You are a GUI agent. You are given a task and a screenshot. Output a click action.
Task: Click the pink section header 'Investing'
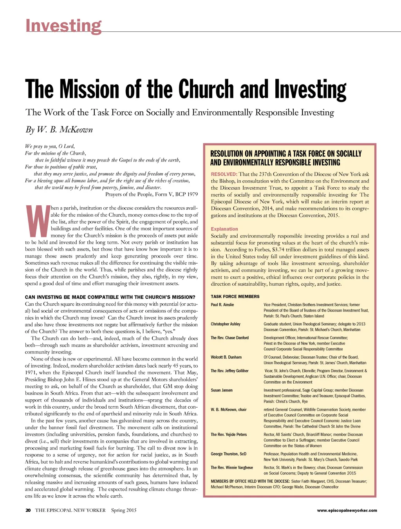[x=63, y=26]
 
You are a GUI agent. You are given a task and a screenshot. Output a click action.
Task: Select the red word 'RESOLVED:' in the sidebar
[x=224, y=174]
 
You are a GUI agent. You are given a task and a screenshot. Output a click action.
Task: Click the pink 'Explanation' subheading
[x=224, y=229]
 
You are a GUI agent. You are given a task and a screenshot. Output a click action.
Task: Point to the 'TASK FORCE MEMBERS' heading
[x=235, y=297]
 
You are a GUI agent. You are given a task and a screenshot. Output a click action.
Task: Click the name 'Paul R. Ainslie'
[x=222, y=305]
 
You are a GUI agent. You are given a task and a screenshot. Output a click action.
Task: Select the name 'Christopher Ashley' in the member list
[x=226, y=324]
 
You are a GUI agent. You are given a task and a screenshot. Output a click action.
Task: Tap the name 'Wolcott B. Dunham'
[x=226, y=357]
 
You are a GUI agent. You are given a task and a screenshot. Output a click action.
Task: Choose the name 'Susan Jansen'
[x=222, y=390]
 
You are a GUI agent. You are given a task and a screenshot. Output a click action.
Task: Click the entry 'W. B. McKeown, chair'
[x=229, y=409]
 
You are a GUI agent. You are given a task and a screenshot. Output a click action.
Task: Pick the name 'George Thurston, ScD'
[x=229, y=454]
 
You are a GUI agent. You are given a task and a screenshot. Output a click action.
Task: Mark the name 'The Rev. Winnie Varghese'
[x=232, y=467]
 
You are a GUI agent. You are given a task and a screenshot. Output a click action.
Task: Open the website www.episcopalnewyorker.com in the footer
[x=347, y=510]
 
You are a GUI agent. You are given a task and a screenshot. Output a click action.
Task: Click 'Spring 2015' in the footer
[x=124, y=510]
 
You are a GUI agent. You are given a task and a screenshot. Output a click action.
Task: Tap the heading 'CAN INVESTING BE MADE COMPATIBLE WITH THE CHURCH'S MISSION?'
[x=110, y=297]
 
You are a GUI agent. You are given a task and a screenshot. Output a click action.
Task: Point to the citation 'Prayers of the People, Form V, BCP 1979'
[x=152, y=194]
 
